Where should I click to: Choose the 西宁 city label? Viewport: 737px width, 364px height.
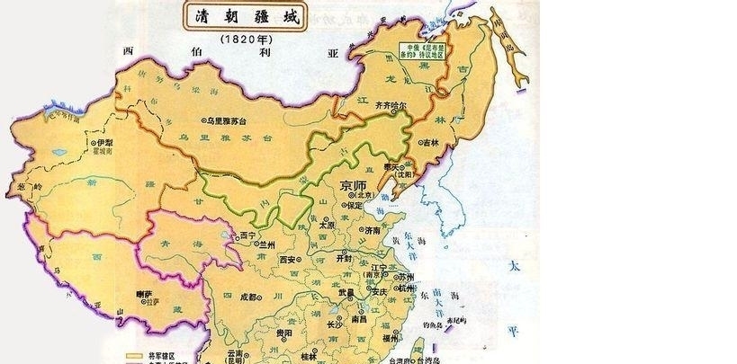(247, 235)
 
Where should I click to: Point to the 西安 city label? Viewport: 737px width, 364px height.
(288, 259)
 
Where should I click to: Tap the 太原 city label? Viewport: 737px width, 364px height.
(327, 225)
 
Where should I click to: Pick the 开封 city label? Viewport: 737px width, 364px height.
(345, 257)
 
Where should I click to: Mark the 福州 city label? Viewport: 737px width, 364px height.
(390, 339)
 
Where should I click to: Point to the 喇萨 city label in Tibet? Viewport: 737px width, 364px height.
(144, 294)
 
